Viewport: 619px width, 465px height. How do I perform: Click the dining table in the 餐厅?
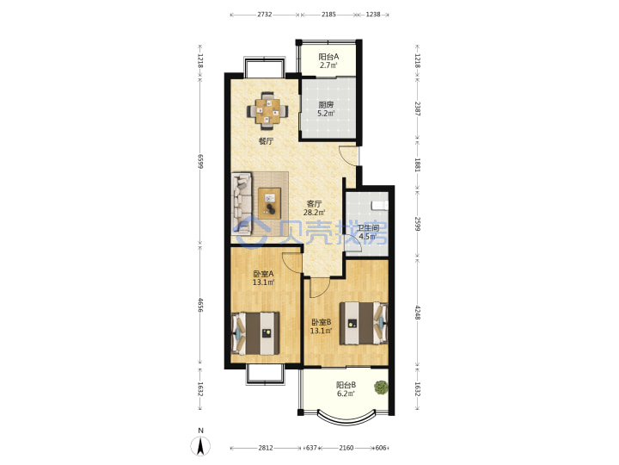pyautogui.click(x=267, y=110)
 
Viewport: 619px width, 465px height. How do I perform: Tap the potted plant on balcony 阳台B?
pyautogui.click(x=381, y=387)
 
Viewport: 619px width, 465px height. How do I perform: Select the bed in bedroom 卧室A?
pyautogui.click(x=255, y=333)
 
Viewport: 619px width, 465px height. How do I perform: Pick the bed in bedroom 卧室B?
pyautogui.click(x=364, y=323)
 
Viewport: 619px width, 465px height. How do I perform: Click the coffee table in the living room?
pyautogui.click(x=270, y=203)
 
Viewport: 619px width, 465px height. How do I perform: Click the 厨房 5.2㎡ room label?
pyautogui.click(x=327, y=109)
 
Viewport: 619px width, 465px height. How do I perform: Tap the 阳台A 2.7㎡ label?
pyautogui.click(x=328, y=61)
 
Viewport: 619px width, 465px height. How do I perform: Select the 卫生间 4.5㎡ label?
pyautogui.click(x=368, y=232)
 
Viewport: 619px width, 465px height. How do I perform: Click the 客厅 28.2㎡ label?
pyautogui.click(x=315, y=208)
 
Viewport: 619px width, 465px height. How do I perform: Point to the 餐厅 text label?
pyautogui.click(x=266, y=141)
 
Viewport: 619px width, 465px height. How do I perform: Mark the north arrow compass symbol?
pyautogui.click(x=201, y=443)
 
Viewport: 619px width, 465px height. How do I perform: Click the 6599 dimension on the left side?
pyautogui.click(x=200, y=161)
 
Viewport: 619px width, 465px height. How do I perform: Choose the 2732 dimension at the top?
pyautogui.click(x=265, y=15)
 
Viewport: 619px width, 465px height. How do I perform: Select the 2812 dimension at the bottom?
pyautogui.click(x=266, y=448)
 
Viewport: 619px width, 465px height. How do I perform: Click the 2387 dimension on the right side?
pyautogui.click(x=418, y=108)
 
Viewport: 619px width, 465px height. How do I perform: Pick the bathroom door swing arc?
pyautogui.click(x=353, y=242)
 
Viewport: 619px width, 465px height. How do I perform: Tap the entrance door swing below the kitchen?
pyautogui.click(x=348, y=155)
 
